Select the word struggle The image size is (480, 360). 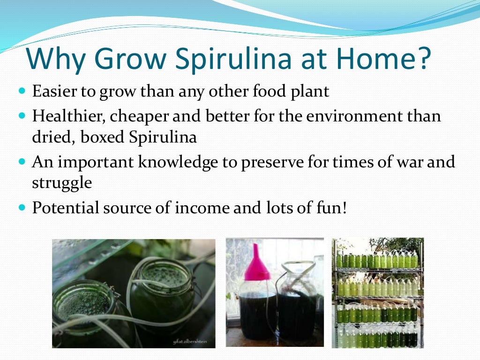[61, 183]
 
